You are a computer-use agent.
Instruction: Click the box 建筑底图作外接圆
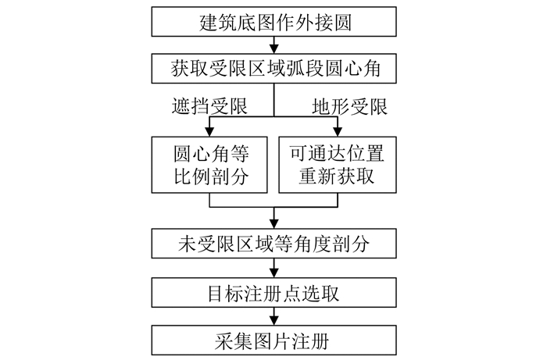273,22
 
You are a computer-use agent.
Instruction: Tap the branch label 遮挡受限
202,105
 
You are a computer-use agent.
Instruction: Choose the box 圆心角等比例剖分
209,163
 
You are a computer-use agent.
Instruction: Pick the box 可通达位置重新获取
338,163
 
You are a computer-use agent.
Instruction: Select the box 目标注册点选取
273,294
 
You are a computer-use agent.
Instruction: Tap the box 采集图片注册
273,341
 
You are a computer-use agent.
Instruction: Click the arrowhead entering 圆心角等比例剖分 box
209,130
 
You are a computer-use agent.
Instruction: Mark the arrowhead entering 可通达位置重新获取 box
338,130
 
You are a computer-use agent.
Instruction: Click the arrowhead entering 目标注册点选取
273,273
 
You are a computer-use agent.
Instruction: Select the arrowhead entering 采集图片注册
273,321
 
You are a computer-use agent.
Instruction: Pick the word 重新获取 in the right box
338,176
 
